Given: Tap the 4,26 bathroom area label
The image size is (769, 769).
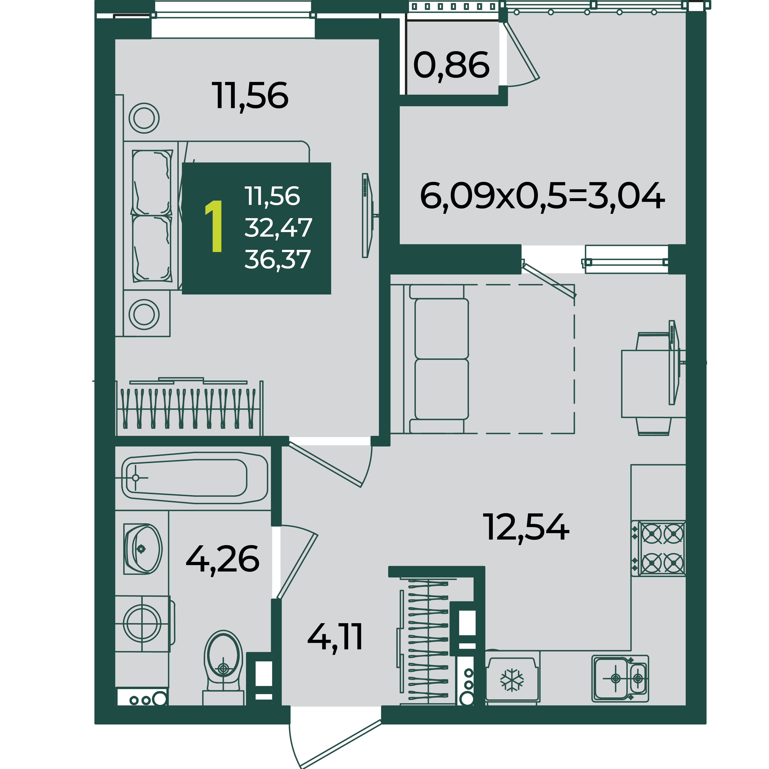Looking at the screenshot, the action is pyautogui.click(x=222, y=560).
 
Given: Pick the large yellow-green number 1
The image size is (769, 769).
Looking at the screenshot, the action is pyautogui.click(x=214, y=227).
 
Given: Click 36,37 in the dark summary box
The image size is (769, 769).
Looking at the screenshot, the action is pyautogui.click(x=277, y=259).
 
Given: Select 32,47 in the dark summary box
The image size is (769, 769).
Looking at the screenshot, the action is pyautogui.click(x=278, y=228).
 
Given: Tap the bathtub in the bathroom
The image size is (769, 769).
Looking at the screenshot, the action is pyautogui.click(x=194, y=478).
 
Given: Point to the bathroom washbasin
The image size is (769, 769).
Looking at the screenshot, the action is pyautogui.click(x=142, y=549).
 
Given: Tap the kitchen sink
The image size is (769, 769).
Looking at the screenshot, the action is pyautogui.click(x=620, y=678).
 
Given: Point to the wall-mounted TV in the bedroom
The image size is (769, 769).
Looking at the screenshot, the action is pyautogui.click(x=367, y=215).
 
